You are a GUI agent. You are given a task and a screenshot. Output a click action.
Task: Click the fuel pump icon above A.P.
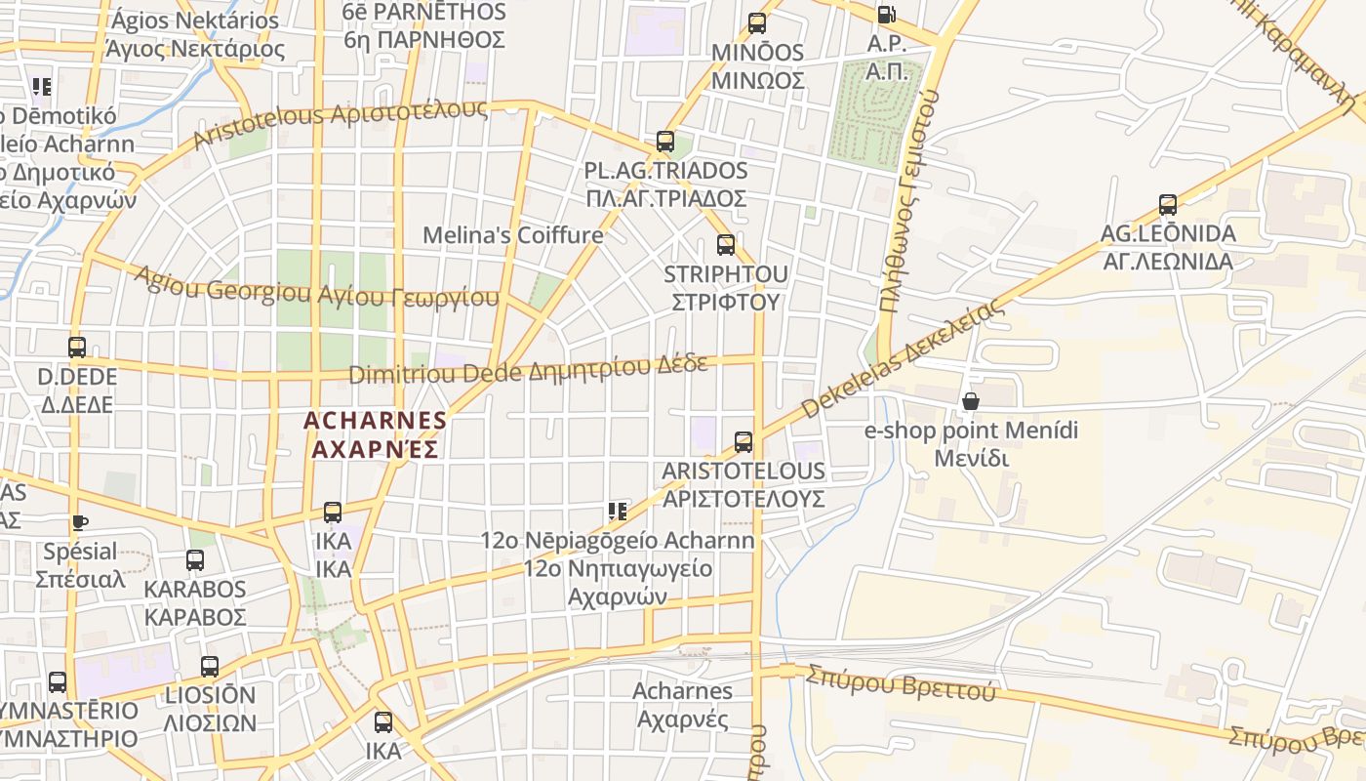point(886,15)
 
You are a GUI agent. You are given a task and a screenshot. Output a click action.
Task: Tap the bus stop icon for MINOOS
point(757,23)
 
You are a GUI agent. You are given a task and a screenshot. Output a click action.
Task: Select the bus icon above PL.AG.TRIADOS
point(665,142)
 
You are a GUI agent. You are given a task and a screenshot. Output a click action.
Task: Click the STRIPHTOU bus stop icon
point(726,245)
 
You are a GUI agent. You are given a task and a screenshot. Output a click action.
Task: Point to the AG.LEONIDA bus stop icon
point(1168,205)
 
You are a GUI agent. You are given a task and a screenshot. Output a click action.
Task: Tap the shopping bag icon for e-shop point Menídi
point(970,401)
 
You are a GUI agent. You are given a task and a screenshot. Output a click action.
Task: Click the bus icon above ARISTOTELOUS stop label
point(743,442)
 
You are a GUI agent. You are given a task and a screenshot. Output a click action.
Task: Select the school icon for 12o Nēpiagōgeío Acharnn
point(617,512)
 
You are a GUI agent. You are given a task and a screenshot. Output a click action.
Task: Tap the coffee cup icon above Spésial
point(79,523)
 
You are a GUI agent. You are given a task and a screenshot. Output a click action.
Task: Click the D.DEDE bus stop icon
point(76,348)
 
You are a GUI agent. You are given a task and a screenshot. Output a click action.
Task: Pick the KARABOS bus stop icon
point(195,560)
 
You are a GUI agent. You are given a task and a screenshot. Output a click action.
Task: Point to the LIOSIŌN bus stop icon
point(210,667)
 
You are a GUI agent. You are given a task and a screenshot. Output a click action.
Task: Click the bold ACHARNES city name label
point(375,434)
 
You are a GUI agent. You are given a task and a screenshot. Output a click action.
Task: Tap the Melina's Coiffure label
point(513,235)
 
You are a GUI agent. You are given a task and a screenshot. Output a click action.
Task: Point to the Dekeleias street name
point(903,360)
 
